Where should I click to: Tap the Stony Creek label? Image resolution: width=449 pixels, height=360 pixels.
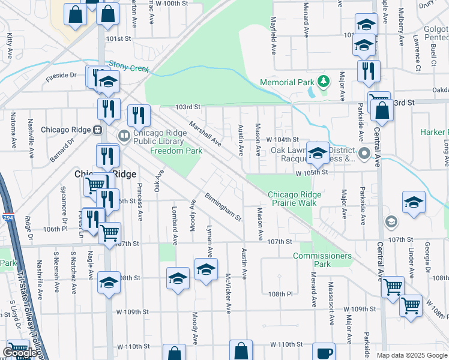[129, 68]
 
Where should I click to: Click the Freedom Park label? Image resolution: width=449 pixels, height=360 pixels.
[176, 151]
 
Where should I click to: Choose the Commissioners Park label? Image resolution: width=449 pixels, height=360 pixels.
[322, 260]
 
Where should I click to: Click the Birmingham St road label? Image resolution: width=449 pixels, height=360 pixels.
[223, 207]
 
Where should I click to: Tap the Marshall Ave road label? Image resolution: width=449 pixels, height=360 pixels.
[205, 134]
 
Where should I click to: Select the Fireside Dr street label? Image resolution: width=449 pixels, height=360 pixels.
[61, 76]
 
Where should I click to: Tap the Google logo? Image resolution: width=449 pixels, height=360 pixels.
[19, 353]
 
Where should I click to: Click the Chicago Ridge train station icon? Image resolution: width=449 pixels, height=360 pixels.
[97, 130]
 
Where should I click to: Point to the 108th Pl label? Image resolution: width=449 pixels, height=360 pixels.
[280, 294]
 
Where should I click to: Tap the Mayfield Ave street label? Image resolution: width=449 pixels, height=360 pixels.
[273, 40]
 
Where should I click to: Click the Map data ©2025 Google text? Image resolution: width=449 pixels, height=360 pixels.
[412, 355]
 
